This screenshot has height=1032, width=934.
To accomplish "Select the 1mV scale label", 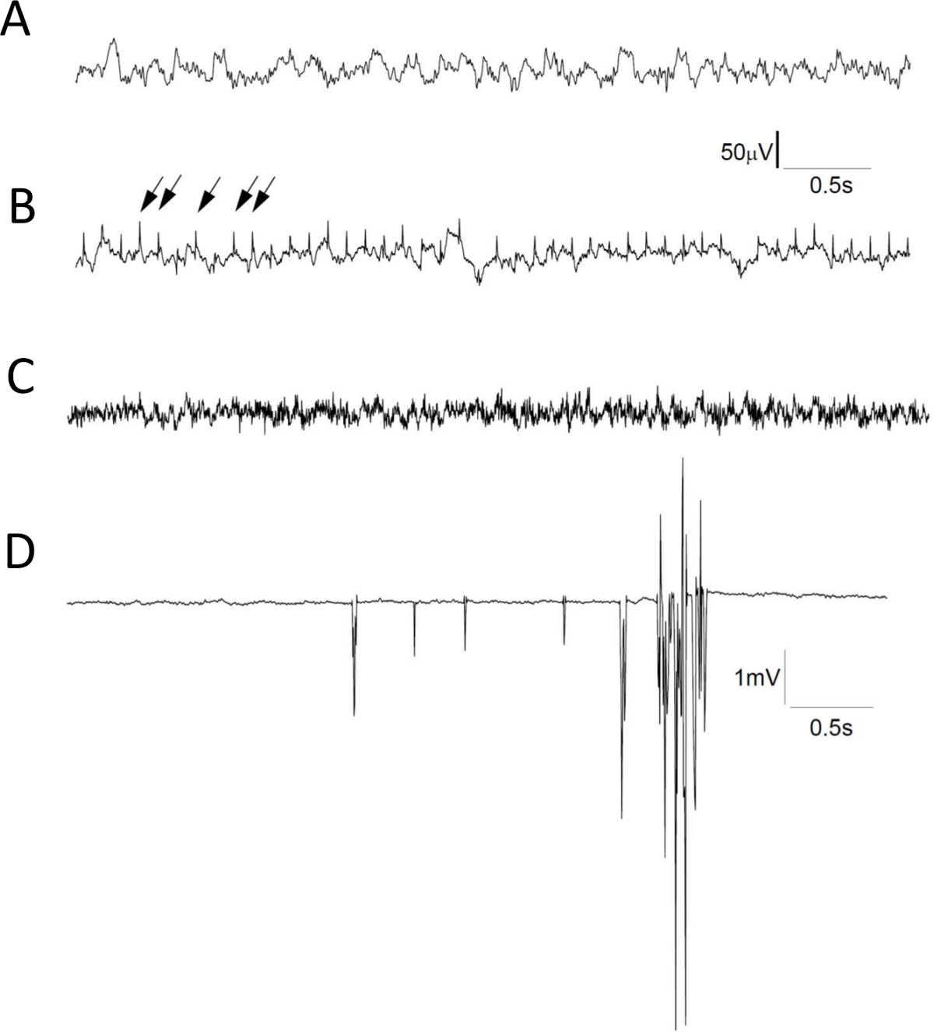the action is (757, 678).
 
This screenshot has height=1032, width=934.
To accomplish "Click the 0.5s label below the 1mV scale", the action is (831, 728).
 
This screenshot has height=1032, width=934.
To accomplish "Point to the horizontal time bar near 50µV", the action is (826, 167).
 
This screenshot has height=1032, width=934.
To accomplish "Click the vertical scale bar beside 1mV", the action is (785, 676).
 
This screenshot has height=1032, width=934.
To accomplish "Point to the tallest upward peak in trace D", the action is (683, 461).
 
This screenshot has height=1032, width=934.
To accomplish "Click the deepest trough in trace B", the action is (479, 283).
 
